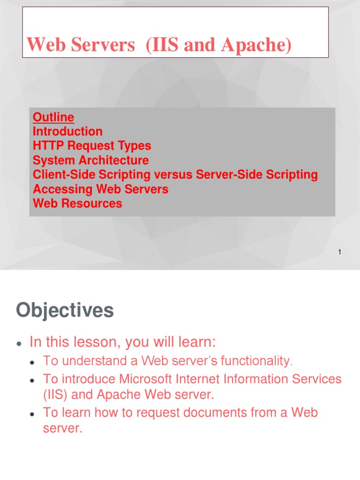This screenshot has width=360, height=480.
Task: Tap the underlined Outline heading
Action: (53, 117)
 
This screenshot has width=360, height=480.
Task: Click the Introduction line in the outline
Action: (67, 131)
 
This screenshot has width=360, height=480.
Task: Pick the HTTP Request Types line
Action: (92, 146)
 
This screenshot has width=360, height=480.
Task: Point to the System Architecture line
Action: (90, 160)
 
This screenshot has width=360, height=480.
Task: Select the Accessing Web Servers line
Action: (100, 189)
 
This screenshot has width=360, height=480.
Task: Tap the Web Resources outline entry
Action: (77, 203)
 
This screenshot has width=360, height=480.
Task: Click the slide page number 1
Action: (339, 253)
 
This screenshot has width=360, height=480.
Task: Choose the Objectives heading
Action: (65, 310)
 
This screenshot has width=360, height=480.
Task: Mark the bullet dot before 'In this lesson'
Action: (18, 344)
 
